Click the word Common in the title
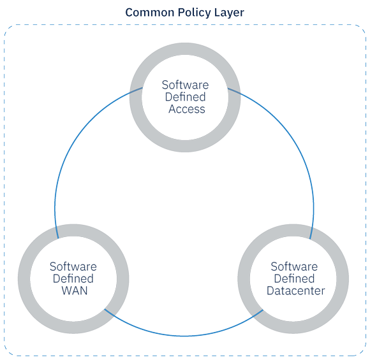pyautogui.click(x=150, y=13)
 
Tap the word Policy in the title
pyautogui.click(x=194, y=13)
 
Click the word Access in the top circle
pyautogui.click(x=187, y=109)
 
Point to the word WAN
pyautogui.click(x=75, y=291)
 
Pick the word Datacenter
pyautogui.click(x=295, y=291)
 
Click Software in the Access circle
pyautogui.click(x=185, y=85)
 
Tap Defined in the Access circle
pyautogui.click(x=185, y=97)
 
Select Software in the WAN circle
pyautogui.click(x=73, y=266)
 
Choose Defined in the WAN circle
pyautogui.click(x=73, y=278)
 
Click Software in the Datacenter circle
pyautogui.click(x=294, y=266)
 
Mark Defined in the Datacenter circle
pyautogui.click(x=294, y=278)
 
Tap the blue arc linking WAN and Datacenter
pyautogui.click(x=184, y=336)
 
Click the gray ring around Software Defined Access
pyautogui.click(x=185, y=49)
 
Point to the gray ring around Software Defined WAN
pyautogui.click(x=73, y=230)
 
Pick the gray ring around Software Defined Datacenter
pyautogui.click(x=293, y=230)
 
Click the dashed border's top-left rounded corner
pyautogui.click(x=8, y=28)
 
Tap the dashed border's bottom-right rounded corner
pyautogui.click(x=362, y=352)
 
